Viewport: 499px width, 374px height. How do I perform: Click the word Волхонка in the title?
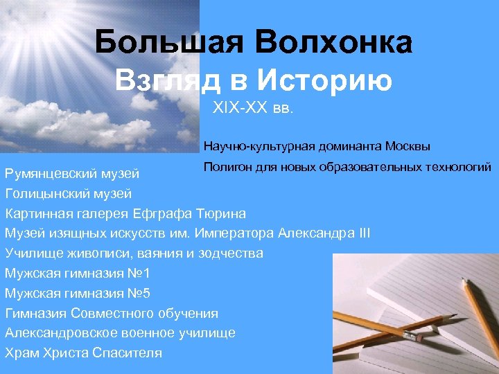click(334, 43)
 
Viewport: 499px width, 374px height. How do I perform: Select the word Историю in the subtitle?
click(325, 80)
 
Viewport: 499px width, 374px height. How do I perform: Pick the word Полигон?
click(226, 167)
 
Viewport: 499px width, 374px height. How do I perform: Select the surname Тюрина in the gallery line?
click(221, 213)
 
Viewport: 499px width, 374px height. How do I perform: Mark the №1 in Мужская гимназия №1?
click(137, 273)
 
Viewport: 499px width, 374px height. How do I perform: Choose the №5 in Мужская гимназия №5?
click(137, 293)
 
